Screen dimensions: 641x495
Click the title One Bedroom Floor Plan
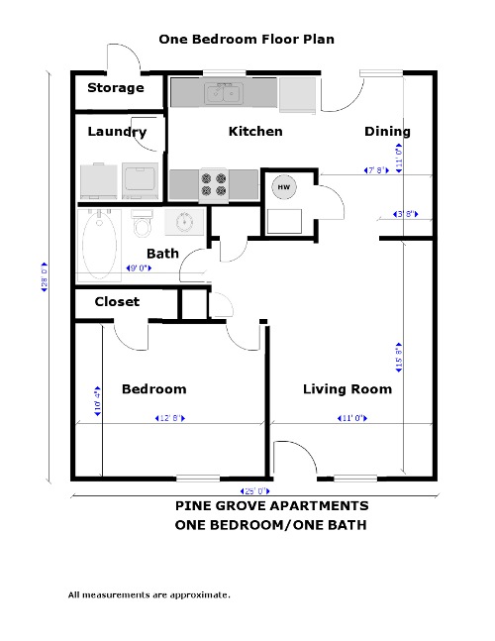pos(247,40)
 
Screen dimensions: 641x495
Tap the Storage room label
pos(115,88)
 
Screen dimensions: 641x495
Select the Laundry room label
pos(117,132)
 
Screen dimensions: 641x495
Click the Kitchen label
pos(255,132)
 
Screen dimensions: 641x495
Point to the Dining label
pos(387,132)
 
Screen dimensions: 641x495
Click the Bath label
pos(162,254)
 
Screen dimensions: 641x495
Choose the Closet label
pos(117,301)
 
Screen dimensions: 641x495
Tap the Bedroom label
pos(153,389)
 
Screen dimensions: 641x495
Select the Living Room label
pos(346,389)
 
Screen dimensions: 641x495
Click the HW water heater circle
pos(284,187)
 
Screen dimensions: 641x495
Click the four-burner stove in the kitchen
pos(214,186)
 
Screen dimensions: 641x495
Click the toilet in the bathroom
pos(142,224)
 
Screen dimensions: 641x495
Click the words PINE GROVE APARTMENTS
pos(271,506)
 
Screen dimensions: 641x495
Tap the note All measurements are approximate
pos(148,595)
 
